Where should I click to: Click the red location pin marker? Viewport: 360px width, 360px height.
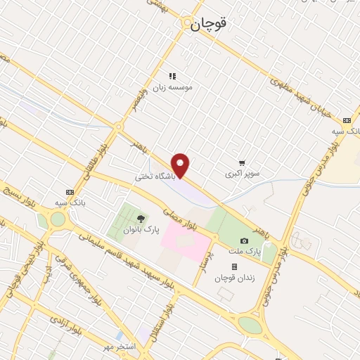181,165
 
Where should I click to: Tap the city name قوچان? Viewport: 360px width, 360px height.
209,23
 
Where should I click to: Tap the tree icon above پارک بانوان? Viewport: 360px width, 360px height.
140,219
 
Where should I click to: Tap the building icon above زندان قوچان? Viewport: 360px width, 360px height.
234,267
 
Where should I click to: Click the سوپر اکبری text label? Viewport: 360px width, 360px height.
242,172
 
